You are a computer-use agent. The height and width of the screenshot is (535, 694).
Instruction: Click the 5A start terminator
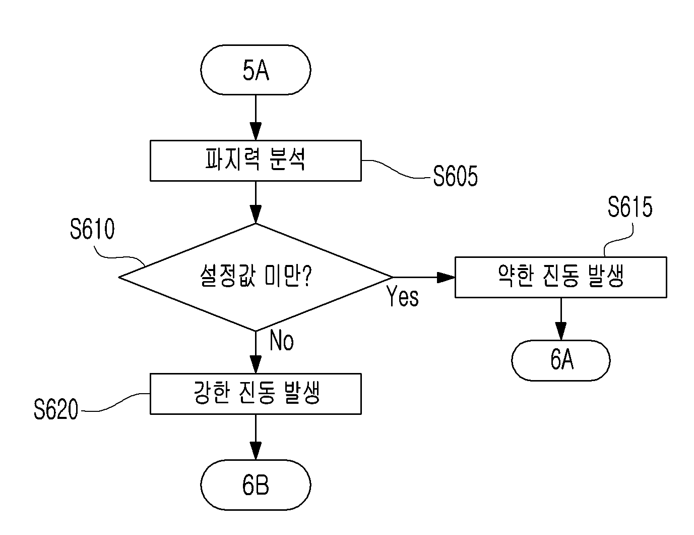pos(256,70)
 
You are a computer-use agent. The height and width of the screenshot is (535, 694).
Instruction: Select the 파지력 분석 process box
pos(256,161)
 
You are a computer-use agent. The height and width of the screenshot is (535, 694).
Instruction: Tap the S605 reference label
pos(455,176)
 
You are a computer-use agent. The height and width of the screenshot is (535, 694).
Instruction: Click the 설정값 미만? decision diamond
pos(256,277)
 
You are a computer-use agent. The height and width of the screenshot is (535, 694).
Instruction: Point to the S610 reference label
pos(92,229)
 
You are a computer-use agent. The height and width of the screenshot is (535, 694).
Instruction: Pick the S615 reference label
pos(630,207)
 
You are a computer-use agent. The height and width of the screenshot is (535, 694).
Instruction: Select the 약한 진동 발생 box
pos(561,277)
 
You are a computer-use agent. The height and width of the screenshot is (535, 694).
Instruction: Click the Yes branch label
pos(402,296)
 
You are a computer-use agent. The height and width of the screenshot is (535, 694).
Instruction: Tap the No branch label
pos(281,340)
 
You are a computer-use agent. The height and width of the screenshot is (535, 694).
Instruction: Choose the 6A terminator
pos(561,360)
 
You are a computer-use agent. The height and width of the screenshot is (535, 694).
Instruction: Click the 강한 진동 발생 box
pos(256,394)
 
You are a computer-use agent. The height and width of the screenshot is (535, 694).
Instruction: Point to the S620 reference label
pos(56,409)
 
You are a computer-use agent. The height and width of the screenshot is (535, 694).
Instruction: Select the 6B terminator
pos(256,485)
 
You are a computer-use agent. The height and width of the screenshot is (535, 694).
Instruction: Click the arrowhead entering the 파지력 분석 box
pos(256,131)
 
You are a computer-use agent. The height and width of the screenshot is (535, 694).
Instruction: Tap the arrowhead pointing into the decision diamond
pos(256,214)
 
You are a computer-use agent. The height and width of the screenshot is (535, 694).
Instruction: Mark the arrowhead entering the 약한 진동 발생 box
pos(446,277)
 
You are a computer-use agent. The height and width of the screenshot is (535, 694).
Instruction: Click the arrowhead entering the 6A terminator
pos(561,331)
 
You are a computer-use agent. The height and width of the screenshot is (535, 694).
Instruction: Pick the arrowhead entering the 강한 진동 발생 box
pos(256,364)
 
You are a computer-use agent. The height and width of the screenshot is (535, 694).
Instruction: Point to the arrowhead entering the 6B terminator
pos(256,451)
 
